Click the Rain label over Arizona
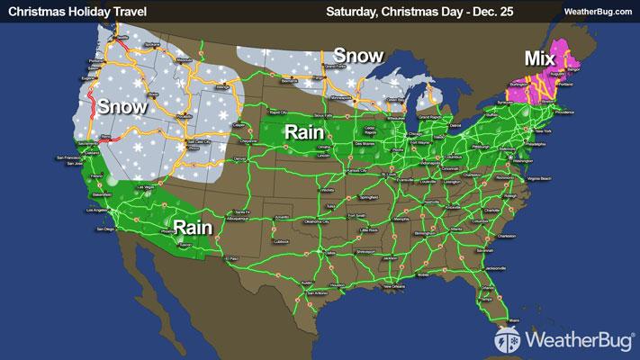pyautogui.click(x=194, y=227)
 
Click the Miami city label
pyautogui.click(x=516, y=319)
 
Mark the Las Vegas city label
pyautogui.click(x=144, y=187)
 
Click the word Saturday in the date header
pyautogui.click(x=356, y=10)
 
